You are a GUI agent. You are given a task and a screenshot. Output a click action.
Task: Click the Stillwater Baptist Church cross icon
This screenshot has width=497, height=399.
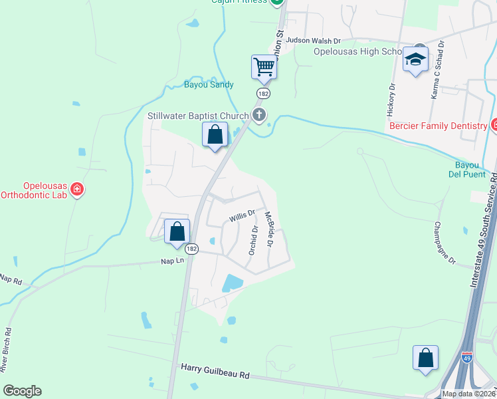click(x=259, y=116)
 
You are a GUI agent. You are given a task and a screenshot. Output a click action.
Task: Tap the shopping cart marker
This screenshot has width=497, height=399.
click(x=264, y=66)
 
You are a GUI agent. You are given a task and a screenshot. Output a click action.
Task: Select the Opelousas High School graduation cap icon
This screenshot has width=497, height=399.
click(x=415, y=61)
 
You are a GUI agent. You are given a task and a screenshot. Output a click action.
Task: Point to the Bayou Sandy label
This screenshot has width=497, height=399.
click(x=209, y=84)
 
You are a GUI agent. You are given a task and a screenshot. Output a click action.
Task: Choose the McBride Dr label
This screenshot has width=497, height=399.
click(x=269, y=229)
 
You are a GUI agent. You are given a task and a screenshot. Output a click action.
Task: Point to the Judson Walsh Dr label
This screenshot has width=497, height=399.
click(x=313, y=40)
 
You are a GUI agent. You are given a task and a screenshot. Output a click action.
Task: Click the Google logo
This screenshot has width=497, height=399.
click(x=22, y=391)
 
